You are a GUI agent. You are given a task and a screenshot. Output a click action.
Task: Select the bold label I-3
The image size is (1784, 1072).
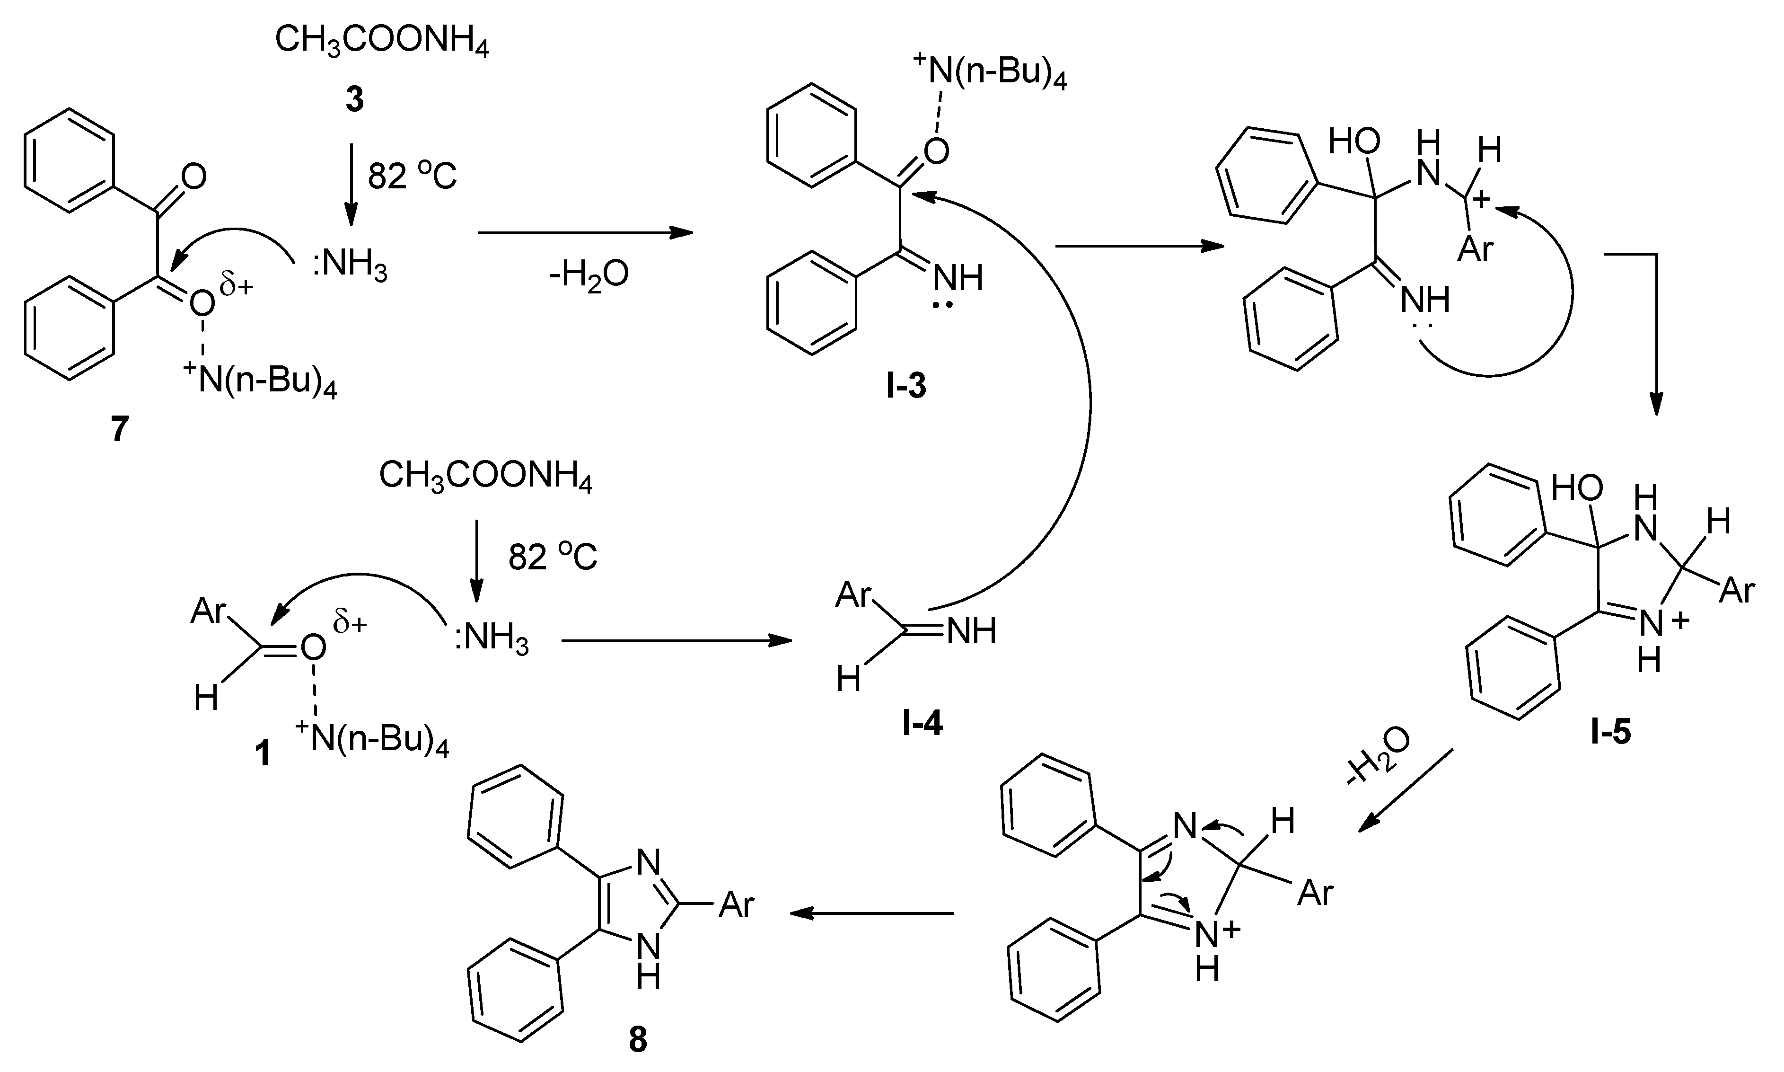coord(906,387)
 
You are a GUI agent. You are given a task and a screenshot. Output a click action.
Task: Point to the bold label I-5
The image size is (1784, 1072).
coord(1610,733)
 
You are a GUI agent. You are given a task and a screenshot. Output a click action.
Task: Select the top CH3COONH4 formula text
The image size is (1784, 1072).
coord(382,40)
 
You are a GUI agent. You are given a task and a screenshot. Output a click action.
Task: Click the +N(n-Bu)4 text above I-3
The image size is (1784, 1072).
coord(990,73)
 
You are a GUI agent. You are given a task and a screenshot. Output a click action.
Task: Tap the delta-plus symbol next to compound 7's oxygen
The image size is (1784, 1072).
coord(237,287)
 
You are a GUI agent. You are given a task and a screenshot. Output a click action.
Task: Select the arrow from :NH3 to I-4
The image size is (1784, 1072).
coord(676,640)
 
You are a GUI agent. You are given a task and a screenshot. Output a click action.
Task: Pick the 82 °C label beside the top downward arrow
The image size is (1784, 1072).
coord(412,176)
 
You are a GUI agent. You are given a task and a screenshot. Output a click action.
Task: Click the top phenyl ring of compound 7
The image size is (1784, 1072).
coord(70,160)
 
